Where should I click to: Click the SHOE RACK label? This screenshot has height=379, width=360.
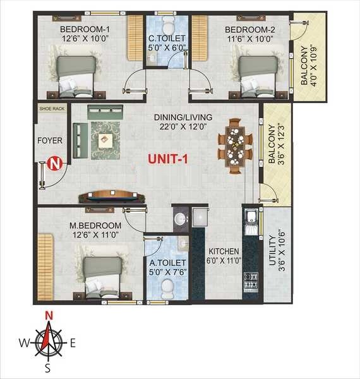[51, 108]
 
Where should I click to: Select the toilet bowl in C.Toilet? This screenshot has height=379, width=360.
[169, 27]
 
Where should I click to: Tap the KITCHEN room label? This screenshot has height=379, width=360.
[224, 251]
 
